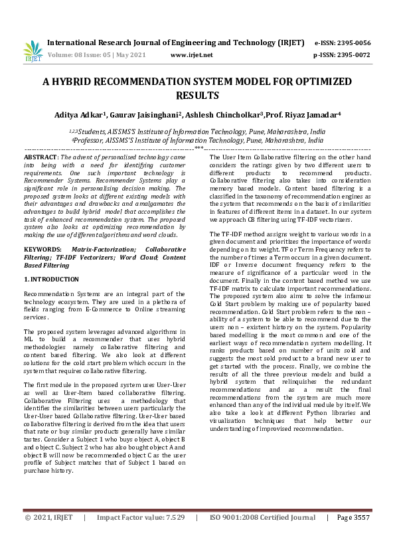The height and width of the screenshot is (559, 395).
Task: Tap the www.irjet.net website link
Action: tap(192, 55)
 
